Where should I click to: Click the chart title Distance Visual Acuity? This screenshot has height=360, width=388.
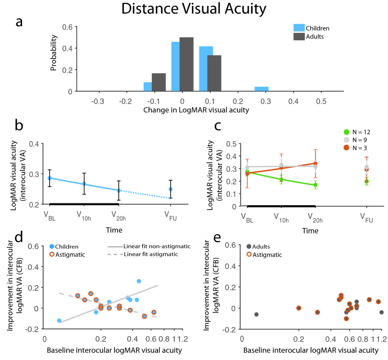(194, 10)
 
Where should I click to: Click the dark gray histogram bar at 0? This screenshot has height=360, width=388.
(186, 64)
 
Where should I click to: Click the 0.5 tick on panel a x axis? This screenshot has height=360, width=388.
(289, 100)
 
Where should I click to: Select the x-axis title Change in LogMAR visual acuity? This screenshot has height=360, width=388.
(181, 109)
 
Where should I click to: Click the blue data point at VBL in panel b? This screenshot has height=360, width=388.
(50, 178)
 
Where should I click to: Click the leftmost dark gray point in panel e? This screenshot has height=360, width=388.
(256, 314)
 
